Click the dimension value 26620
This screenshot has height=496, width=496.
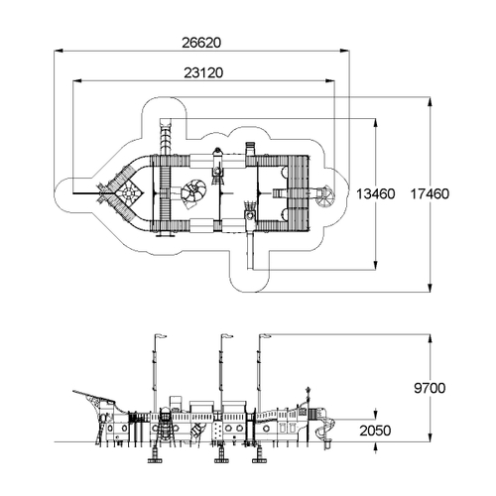coord(201,43)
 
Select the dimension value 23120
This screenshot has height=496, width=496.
coord(203,72)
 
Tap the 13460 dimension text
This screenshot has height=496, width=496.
coord(375,194)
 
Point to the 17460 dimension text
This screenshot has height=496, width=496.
coord(430,194)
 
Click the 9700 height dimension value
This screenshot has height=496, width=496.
coord(430,388)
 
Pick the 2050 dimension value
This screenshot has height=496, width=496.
coord(375,431)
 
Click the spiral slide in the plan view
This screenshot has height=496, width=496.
coord(325,197)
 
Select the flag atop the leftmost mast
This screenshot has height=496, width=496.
coord(161,336)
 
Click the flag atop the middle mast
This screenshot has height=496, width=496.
coord(227,336)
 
